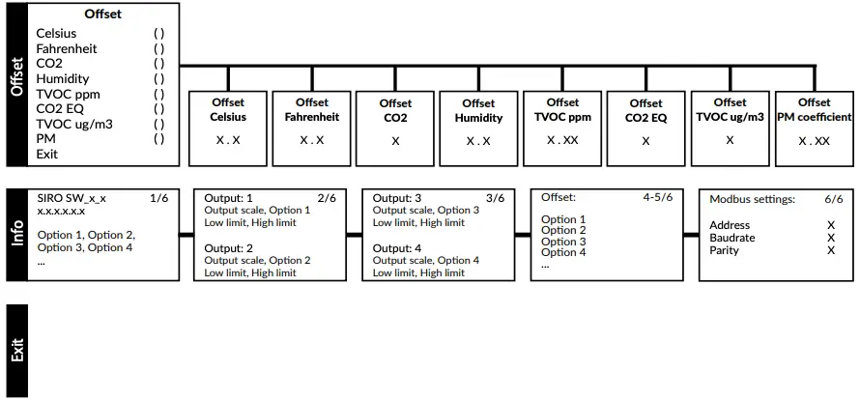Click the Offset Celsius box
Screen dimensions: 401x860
228,128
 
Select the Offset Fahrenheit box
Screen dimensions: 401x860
312,128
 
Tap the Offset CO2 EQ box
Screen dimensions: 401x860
645,128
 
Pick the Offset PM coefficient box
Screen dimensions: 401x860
814,128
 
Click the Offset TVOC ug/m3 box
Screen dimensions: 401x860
730,128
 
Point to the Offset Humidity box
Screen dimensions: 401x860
478,128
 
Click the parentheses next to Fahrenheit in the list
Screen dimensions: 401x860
158,48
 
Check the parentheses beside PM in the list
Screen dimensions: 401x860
158,138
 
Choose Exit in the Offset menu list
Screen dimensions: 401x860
47,154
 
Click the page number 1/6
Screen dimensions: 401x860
158,197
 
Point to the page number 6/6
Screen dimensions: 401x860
834,199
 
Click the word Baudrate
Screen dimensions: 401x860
731,238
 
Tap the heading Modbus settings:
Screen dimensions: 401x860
752,199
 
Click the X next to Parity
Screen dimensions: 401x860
830,250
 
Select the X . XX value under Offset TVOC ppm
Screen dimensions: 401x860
562,140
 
